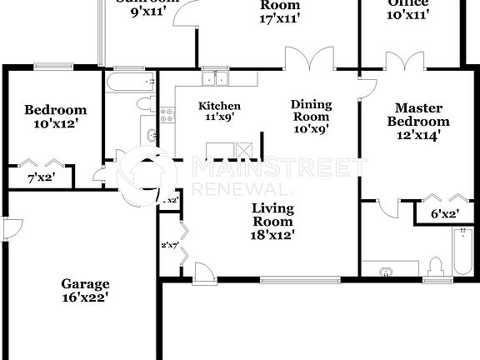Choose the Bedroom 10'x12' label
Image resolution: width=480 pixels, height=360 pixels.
[x=55, y=116]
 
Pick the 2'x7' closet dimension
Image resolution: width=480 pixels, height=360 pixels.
[x=169, y=245]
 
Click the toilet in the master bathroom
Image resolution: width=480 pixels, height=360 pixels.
[x=432, y=267]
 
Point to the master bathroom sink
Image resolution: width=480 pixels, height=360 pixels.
[x=386, y=270]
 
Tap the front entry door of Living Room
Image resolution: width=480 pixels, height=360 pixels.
[x=202, y=272]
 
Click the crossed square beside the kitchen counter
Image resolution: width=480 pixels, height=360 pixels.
[x=244, y=150]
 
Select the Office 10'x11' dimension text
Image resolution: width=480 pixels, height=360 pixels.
[x=407, y=8]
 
